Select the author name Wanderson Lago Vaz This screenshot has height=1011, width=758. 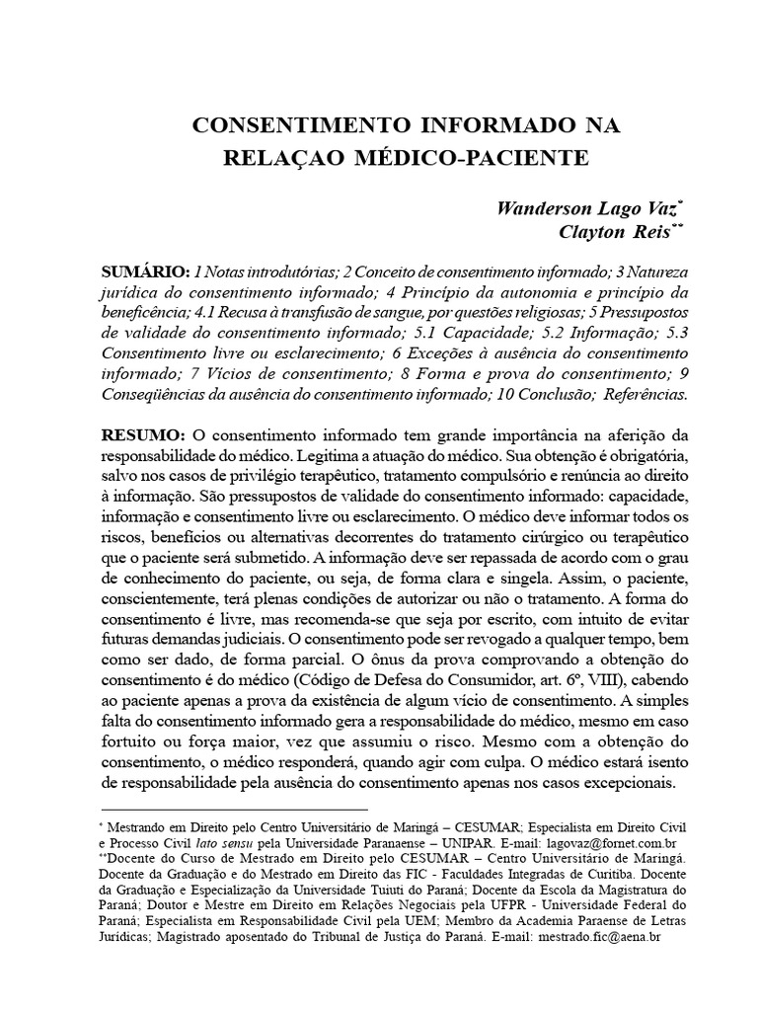[x=587, y=209]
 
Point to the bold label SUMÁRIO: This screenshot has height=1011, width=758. [x=145, y=272]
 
